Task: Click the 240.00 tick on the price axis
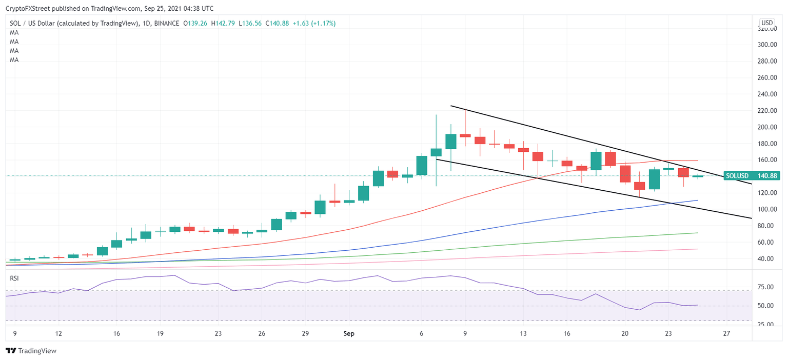click(766, 94)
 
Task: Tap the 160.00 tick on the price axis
click(766, 160)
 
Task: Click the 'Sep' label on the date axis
click(349, 333)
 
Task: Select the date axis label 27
click(726, 333)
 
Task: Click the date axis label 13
click(523, 333)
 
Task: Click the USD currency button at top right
click(767, 23)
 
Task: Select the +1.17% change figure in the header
click(322, 23)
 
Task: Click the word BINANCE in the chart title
click(167, 23)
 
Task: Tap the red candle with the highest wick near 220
click(465, 135)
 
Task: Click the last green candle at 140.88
click(698, 176)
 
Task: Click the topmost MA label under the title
click(14, 32)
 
